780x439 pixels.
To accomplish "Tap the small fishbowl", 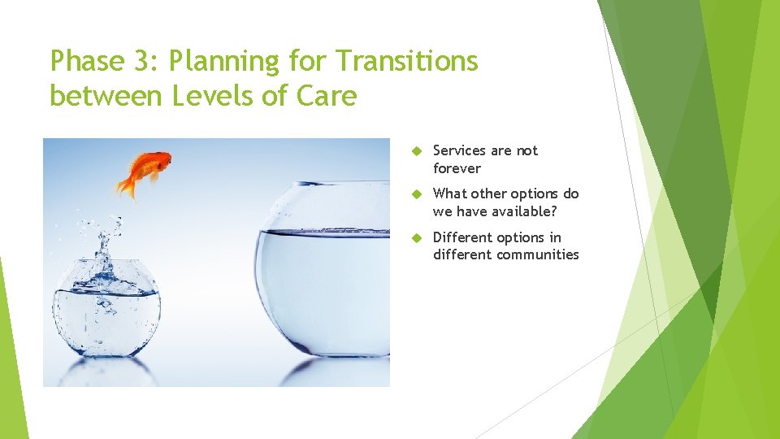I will (106, 309).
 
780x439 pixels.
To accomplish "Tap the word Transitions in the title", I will (407, 61).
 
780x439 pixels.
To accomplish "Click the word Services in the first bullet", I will (460, 150).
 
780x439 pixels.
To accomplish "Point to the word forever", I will (457, 168).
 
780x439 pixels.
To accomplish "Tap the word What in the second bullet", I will (450, 193).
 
